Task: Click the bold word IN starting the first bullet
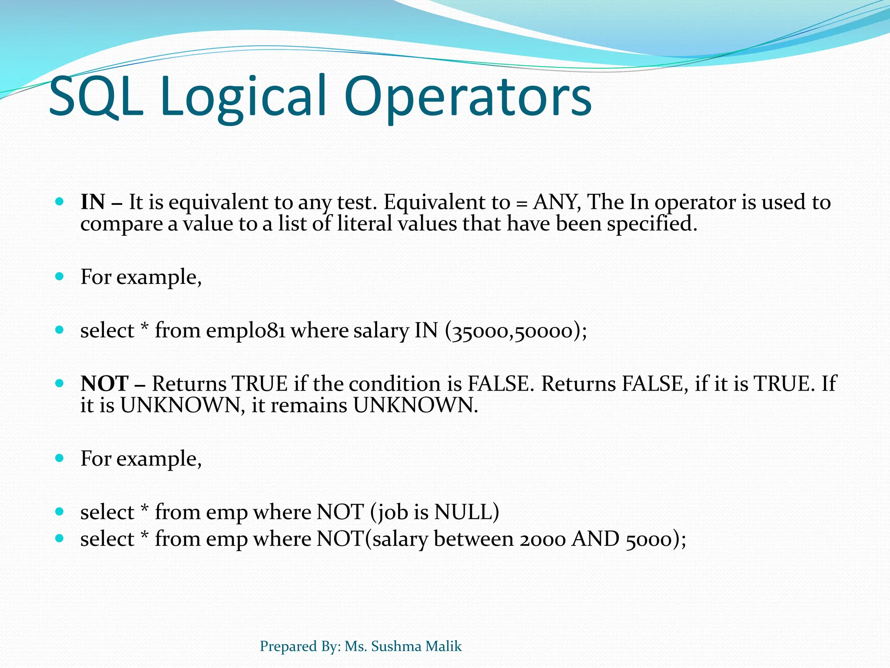click(93, 202)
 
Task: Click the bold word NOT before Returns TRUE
click(105, 384)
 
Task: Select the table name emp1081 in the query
click(246, 331)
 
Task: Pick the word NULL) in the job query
click(467, 512)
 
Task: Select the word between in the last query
click(474, 539)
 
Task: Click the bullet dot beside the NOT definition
click(60, 384)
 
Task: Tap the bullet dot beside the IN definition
click(60, 202)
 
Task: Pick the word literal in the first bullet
click(365, 224)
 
